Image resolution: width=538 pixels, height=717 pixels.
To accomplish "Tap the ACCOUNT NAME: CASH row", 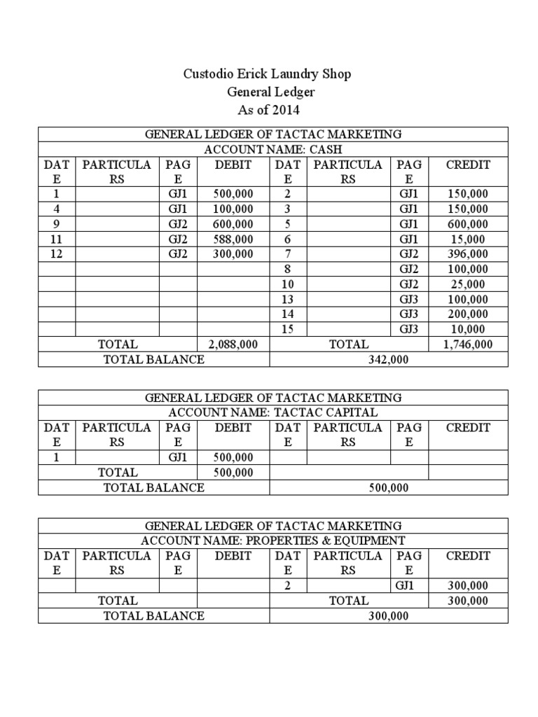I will [273, 149].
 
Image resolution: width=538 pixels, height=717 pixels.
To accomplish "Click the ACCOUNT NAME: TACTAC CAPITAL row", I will [273, 412].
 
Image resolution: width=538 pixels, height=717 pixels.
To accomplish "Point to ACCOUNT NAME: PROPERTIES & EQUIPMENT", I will [273, 540].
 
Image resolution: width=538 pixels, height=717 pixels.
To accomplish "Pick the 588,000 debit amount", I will [233, 239].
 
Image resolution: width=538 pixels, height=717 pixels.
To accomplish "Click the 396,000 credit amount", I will [467, 253].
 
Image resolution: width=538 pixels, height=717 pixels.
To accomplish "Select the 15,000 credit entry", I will [467, 239].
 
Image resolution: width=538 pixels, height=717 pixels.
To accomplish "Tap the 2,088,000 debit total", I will [233, 344].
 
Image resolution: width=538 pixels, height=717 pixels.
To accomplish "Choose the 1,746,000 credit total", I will [467, 344].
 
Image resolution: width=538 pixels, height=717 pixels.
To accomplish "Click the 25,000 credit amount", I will [467, 284].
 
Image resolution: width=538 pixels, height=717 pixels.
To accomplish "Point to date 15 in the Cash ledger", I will [287, 328].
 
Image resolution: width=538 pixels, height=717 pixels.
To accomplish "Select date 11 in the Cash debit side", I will [57, 239].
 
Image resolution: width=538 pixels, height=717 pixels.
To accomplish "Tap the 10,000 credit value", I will [467, 328].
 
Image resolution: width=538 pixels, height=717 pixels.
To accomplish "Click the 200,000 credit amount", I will [467, 314].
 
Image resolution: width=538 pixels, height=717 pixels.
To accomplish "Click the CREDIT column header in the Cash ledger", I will [467, 165].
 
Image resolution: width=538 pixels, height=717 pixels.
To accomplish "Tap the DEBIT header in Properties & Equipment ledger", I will [233, 555].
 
